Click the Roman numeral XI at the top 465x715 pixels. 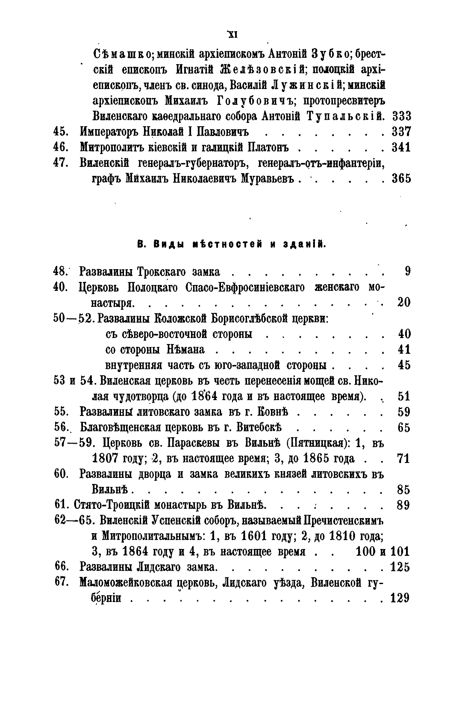tap(232, 35)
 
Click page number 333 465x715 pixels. tap(401, 116)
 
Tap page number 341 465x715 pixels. tap(401, 147)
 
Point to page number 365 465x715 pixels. tap(401, 178)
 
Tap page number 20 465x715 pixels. tap(403, 303)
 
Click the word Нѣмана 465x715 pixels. tap(185, 350)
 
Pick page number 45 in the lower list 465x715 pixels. tap(403, 365)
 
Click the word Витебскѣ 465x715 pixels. tap(256, 427)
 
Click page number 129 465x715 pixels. tap(400, 598)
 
